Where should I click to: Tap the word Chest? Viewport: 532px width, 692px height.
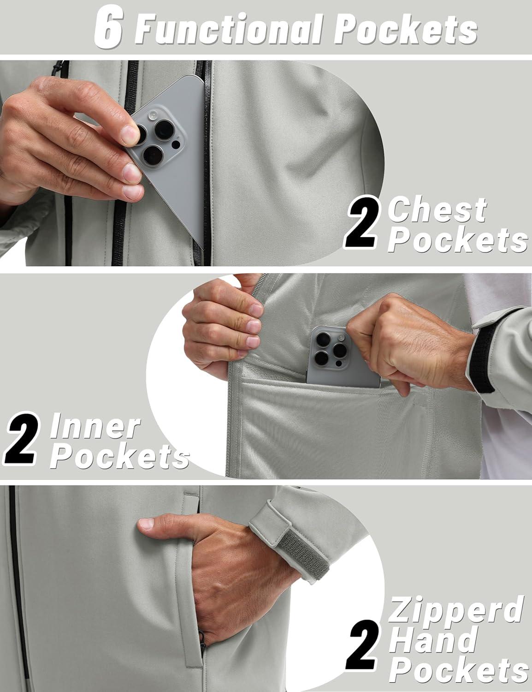438,210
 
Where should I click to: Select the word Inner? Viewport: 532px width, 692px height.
95,426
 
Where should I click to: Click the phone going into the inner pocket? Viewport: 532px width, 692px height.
341,357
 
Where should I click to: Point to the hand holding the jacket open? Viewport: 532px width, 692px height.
223,322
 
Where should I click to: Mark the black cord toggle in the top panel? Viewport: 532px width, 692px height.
57,68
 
